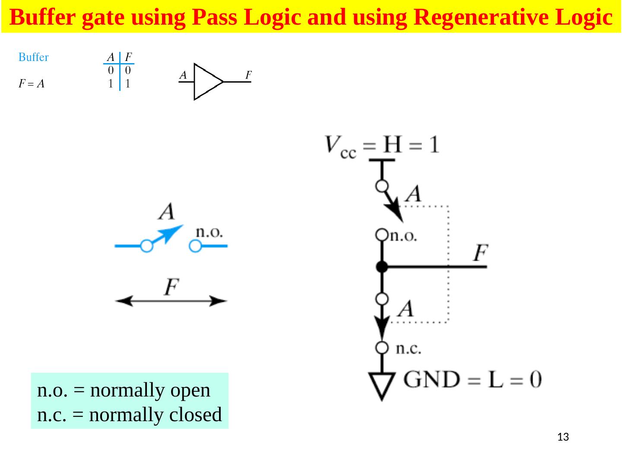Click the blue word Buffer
pos(33,57)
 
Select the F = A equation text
pos(32,84)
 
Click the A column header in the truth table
pos(111,57)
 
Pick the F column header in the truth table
pos(128,57)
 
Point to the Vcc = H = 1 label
pos(382,145)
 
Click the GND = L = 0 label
pos(472,380)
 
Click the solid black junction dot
pos(382,267)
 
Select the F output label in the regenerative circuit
pos(480,253)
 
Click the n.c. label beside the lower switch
pos(408,349)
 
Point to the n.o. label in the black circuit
pos(403,236)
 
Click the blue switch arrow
pos(171,234)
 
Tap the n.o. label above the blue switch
pos(209,232)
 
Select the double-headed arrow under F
pos(171,301)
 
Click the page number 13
pos(563,437)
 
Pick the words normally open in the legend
pos(150,390)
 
